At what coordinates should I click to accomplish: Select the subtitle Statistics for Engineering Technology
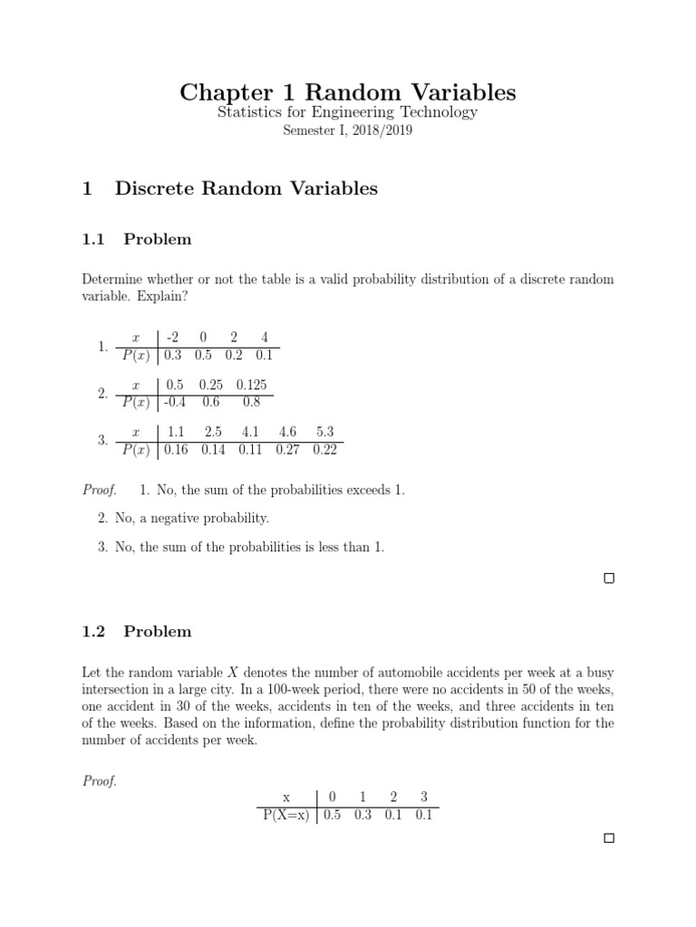tap(347, 112)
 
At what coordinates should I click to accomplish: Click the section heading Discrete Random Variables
tap(246, 188)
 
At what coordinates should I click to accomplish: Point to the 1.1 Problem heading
tap(137, 239)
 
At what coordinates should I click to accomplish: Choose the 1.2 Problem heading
tap(137, 631)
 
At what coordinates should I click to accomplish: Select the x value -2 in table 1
tap(172, 338)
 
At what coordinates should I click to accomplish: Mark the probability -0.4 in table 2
tap(174, 403)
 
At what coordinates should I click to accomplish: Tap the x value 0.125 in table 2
tap(251, 385)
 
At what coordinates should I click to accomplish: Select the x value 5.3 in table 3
tap(325, 432)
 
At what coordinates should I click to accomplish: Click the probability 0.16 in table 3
tap(177, 449)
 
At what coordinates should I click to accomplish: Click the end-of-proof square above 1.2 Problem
tap(609, 578)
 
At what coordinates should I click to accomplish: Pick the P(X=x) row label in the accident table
tap(284, 815)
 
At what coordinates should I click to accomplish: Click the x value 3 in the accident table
tap(423, 797)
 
